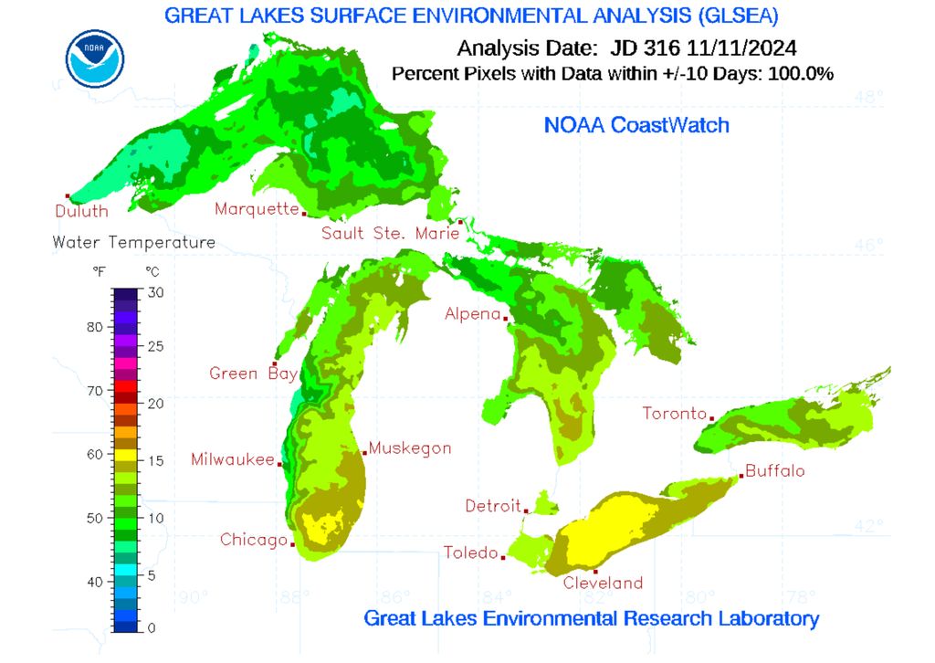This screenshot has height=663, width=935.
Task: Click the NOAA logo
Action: (95, 57)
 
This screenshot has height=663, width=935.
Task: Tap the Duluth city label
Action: (80, 211)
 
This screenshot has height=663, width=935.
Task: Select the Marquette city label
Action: (256, 209)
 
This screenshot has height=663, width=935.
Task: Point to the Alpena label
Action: (472, 314)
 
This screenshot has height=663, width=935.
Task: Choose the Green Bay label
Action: (247, 373)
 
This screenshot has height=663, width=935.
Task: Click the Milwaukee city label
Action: (232, 459)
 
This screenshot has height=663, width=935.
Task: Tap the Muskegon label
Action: (410, 448)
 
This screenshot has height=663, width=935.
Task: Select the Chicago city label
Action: (253, 540)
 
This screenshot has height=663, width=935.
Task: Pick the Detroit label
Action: (492, 505)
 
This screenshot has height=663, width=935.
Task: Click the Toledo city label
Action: (470, 552)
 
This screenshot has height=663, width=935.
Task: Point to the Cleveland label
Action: (603, 583)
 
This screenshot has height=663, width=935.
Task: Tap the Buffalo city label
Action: (774, 471)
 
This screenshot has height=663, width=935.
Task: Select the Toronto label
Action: (674, 413)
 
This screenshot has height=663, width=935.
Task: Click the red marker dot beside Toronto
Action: (711, 418)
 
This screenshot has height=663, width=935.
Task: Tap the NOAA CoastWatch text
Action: (636, 125)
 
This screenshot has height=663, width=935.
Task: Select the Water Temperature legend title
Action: (134, 242)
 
